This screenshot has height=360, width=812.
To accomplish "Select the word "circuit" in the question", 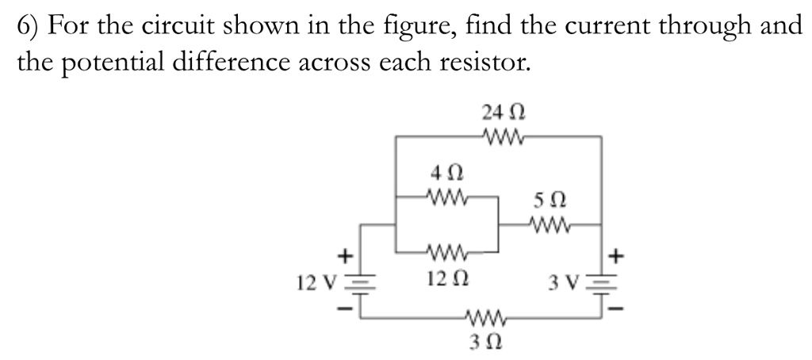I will [x=183, y=25].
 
